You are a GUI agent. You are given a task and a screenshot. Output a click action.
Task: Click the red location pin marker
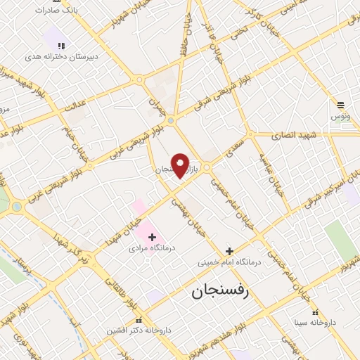(181, 166)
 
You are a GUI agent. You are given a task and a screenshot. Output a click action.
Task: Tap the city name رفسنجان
(219, 291)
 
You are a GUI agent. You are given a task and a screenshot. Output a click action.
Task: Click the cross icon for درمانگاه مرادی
(152, 237)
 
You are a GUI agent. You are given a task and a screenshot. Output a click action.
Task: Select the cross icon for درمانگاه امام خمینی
(229, 251)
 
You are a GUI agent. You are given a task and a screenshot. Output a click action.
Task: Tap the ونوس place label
(341, 114)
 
